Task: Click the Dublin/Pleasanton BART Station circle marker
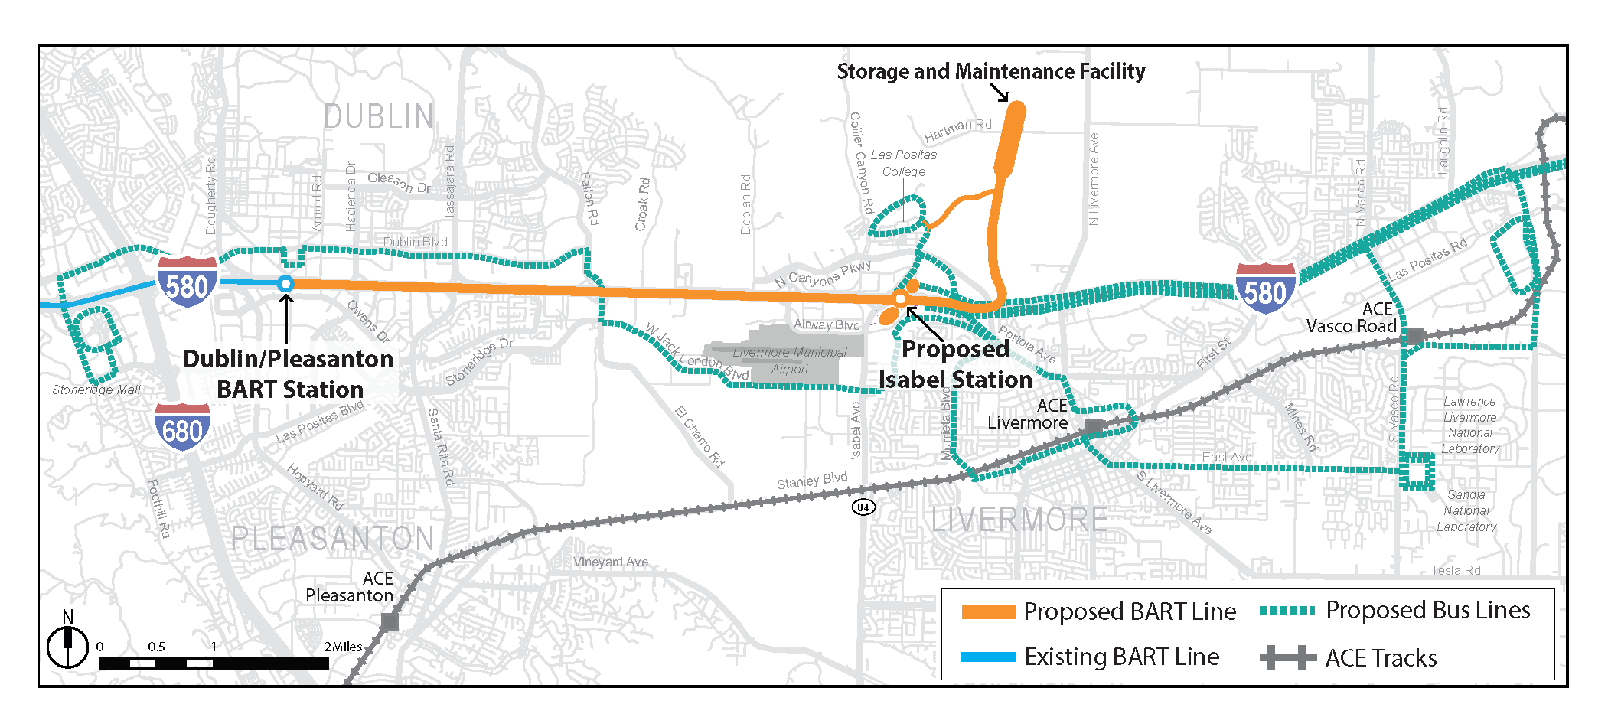pos(285,284)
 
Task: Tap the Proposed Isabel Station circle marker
pos(901,298)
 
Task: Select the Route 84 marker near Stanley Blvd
pos(863,507)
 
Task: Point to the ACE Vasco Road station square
pos(1415,336)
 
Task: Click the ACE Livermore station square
pos(1094,426)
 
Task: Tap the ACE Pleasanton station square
pos(390,621)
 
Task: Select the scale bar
pos(214,663)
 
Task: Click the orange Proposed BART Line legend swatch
pos(988,612)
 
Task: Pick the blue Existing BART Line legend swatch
pos(988,657)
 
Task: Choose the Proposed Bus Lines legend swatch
pos(1287,611)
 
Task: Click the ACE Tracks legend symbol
pos(1288,658)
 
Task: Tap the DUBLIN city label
pos(379,117)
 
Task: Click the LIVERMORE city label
pos(1019,520)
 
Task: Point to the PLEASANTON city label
pos(333,539)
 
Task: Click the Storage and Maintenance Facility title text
pos(990,72)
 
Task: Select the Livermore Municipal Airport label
pos(790,360)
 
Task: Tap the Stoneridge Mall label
pos(96,390)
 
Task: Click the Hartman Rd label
pos(957,130)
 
